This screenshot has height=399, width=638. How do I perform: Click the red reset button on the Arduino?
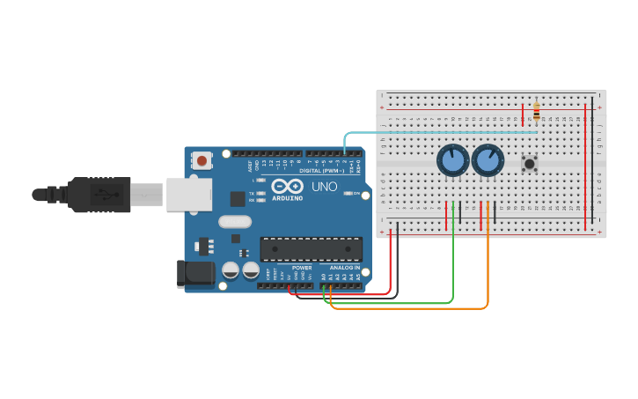(203, 160)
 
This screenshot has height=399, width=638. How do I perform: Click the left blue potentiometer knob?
(452, 161)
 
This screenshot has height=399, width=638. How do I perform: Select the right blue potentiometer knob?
(488, 161)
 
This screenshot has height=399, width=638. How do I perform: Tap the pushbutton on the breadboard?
(529, 163)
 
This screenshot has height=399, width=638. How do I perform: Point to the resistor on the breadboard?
(536, 112)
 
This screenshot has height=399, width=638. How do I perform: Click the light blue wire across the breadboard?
(440, 133)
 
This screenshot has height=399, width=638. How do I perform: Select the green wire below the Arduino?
(396, 303)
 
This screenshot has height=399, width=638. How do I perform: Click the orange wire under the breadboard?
(414, 309)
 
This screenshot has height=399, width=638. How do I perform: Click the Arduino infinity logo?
(287, 187)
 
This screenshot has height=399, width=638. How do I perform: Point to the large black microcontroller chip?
(311, 248)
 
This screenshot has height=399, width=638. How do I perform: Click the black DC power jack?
(194, 274)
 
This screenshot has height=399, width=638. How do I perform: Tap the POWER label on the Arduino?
(302, 268)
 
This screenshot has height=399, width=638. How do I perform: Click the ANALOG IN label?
(344, 268)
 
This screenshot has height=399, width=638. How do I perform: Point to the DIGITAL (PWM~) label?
(323, 170)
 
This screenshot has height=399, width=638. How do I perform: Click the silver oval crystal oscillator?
(235, 222)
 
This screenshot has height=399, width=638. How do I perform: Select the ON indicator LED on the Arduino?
(348, 193)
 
